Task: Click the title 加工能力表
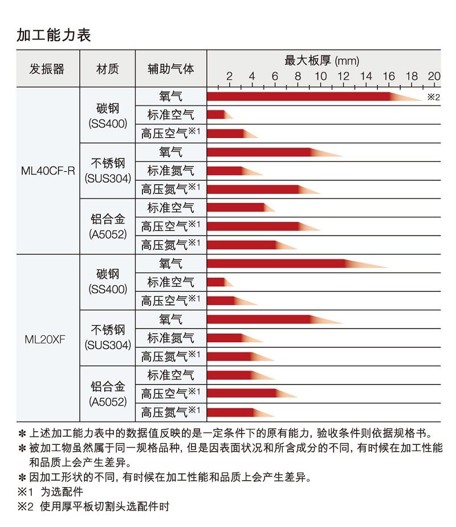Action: [x=54, y=35]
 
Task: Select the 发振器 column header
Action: [x=47, y=69]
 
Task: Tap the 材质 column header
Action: [x=107, y=69]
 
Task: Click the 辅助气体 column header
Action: [x=170, y=69]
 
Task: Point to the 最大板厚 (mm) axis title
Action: [x=321, y=60]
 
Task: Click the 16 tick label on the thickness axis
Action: [x=389, y=77]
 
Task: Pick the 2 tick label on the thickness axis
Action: [x=229, y=77]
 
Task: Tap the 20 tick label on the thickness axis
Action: [x=434, y=77]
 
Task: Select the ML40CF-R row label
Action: [x=48, y=171]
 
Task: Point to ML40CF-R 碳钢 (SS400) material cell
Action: [x=108, y=115]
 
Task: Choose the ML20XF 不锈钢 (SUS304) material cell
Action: [x=108, y=337]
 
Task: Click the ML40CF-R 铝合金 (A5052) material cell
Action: [x=108, y=226]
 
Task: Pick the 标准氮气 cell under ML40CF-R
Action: [x=170, y=171]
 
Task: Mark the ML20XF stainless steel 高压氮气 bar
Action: [x=234, y=356]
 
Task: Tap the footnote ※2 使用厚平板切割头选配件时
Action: [x=93, y=506]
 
